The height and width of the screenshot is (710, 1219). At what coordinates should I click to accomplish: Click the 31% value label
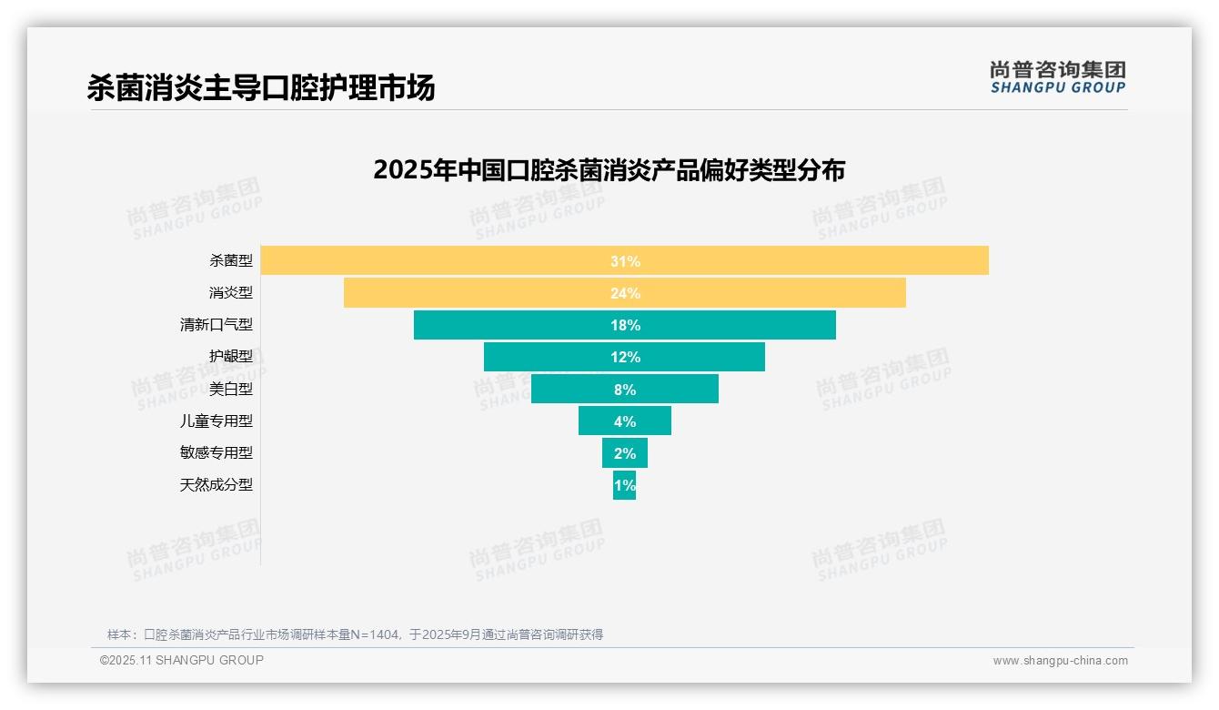(625, 261)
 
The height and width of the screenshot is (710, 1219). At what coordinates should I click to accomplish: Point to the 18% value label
(625, 325)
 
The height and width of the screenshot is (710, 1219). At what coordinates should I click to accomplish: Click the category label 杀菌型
(231, 260)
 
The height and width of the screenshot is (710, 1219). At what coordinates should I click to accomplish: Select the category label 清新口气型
(217, 324)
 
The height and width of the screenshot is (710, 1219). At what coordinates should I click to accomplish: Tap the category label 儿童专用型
(217, 421)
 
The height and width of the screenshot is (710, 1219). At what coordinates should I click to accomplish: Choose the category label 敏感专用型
(217, 452)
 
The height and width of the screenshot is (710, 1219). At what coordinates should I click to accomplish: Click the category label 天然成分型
(217, 484)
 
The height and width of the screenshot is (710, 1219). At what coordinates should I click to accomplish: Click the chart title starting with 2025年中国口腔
(609, 170)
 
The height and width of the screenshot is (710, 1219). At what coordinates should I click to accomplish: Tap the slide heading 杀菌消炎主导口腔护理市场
(261, 87)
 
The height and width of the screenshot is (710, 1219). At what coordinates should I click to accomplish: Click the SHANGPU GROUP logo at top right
(1057, 77)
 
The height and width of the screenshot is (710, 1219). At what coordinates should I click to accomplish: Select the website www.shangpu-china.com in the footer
(1060, 661)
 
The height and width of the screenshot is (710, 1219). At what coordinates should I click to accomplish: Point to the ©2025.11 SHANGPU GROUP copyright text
(182, 660)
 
